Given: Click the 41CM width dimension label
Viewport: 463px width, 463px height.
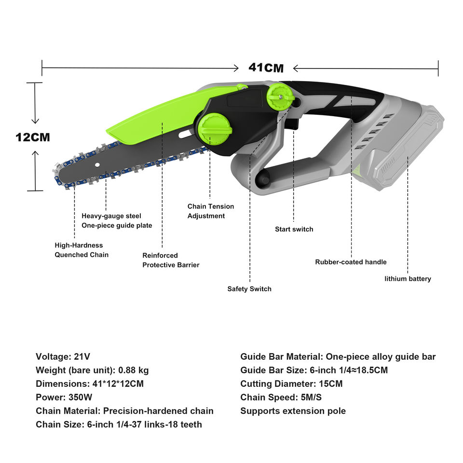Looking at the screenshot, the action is [266, 68].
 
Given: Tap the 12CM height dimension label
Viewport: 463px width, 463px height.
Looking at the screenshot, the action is [33, 137].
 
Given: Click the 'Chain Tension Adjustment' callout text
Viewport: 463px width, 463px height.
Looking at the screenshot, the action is [210, 211].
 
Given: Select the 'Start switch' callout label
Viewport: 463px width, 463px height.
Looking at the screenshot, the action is [294, 229].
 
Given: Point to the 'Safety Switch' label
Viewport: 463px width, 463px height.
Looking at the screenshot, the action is [249, 289].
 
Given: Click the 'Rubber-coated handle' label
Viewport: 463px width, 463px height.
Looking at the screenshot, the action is [351, 262].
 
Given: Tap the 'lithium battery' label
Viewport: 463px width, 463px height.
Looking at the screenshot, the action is [408, 278].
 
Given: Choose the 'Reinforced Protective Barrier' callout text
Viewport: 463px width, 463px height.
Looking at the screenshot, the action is [170, 260].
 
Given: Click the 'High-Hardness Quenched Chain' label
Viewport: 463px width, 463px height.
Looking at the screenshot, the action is [82, 250].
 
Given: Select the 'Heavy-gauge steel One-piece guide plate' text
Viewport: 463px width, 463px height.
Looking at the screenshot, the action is [117, 221].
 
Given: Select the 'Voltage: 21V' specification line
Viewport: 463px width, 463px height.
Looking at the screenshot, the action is [63, 357].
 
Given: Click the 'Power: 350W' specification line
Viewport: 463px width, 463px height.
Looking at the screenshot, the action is [64, 397].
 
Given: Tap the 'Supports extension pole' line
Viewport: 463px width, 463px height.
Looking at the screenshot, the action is [293, 411].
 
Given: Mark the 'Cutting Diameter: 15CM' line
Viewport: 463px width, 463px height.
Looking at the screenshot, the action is [291, 384].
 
